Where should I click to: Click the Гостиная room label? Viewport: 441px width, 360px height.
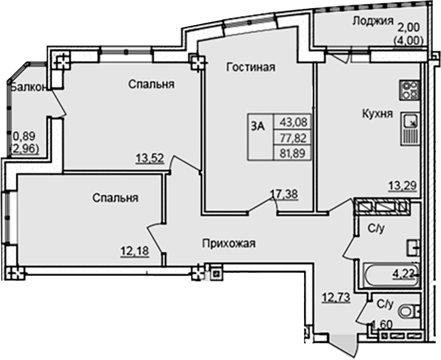(251, 67)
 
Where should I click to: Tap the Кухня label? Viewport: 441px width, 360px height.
(376, 114)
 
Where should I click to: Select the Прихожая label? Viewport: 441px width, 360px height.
(229, 243)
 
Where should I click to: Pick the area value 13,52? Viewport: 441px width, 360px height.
(149, 157)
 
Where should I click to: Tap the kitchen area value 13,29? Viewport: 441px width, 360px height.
(402, 186)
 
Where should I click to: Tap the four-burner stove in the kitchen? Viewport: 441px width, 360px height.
(410, 91)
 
